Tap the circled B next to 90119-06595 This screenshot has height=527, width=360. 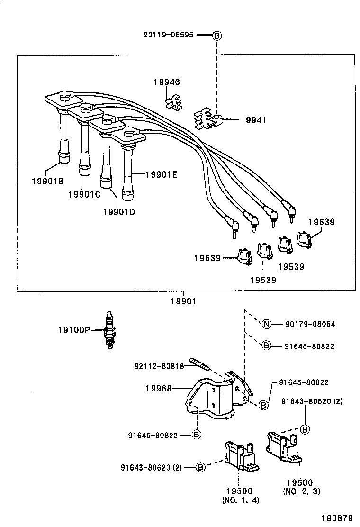[x=216, y=36]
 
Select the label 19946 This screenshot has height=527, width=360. [x=166, y=82]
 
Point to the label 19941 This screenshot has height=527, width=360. [x=253, y=120]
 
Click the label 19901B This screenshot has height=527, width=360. [x=48, y=181]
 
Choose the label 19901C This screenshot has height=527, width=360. [x=84, y=194]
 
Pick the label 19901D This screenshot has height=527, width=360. [x=118, y=211]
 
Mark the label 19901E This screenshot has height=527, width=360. [x=161, y=175]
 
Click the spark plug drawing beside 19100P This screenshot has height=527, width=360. [x=110, y=330]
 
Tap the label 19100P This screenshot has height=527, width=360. [x=74, y=330]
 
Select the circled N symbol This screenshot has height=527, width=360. [x=266, y=324]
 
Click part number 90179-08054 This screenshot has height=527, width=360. [x=310, y=324]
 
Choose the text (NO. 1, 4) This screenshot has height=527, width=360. [x=240, y=500]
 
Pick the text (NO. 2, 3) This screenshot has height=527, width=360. [x=301, y=491]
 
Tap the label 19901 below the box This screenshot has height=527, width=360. [x=183, y=300]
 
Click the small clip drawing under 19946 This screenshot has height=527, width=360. [x=175, y=102]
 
